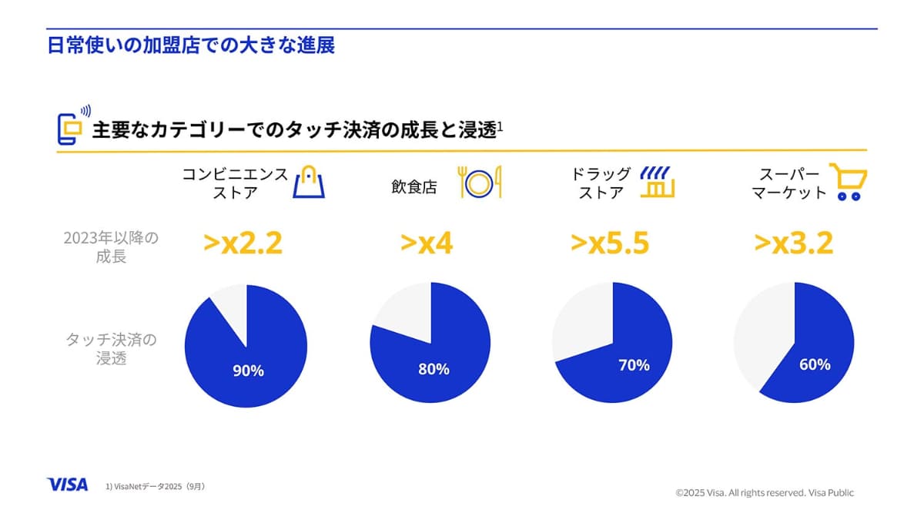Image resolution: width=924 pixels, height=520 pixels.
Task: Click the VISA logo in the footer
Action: click(x=67, y=485)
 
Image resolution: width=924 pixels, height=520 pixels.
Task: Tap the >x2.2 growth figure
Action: click(x=243, y=243)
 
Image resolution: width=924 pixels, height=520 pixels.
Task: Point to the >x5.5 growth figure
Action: click(x=610, y=243)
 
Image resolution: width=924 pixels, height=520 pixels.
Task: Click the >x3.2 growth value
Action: click(x=794, y=243)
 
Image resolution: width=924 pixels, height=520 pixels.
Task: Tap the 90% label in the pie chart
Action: click(x=248, y=371)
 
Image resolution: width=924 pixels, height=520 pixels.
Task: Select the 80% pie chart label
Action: click(x=434, y=369)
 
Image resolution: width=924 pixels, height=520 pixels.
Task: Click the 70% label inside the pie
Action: click(x=634, y=365)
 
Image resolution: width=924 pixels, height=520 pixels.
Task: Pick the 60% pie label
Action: click(x=815, y=364)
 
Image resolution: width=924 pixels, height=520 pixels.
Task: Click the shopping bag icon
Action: click(x=309, y=182)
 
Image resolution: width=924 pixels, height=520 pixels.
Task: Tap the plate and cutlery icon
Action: click(x=480, y=182)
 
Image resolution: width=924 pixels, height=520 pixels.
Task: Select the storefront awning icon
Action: click(x=658, y=182)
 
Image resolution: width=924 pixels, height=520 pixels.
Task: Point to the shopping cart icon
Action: click(x=848, y=182)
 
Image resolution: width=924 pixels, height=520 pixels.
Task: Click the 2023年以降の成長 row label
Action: click(x=112, y=247)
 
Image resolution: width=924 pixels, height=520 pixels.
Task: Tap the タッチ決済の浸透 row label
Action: click(x=112, y=348)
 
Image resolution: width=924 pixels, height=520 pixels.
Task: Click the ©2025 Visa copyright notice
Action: click(x=765, y=492)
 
